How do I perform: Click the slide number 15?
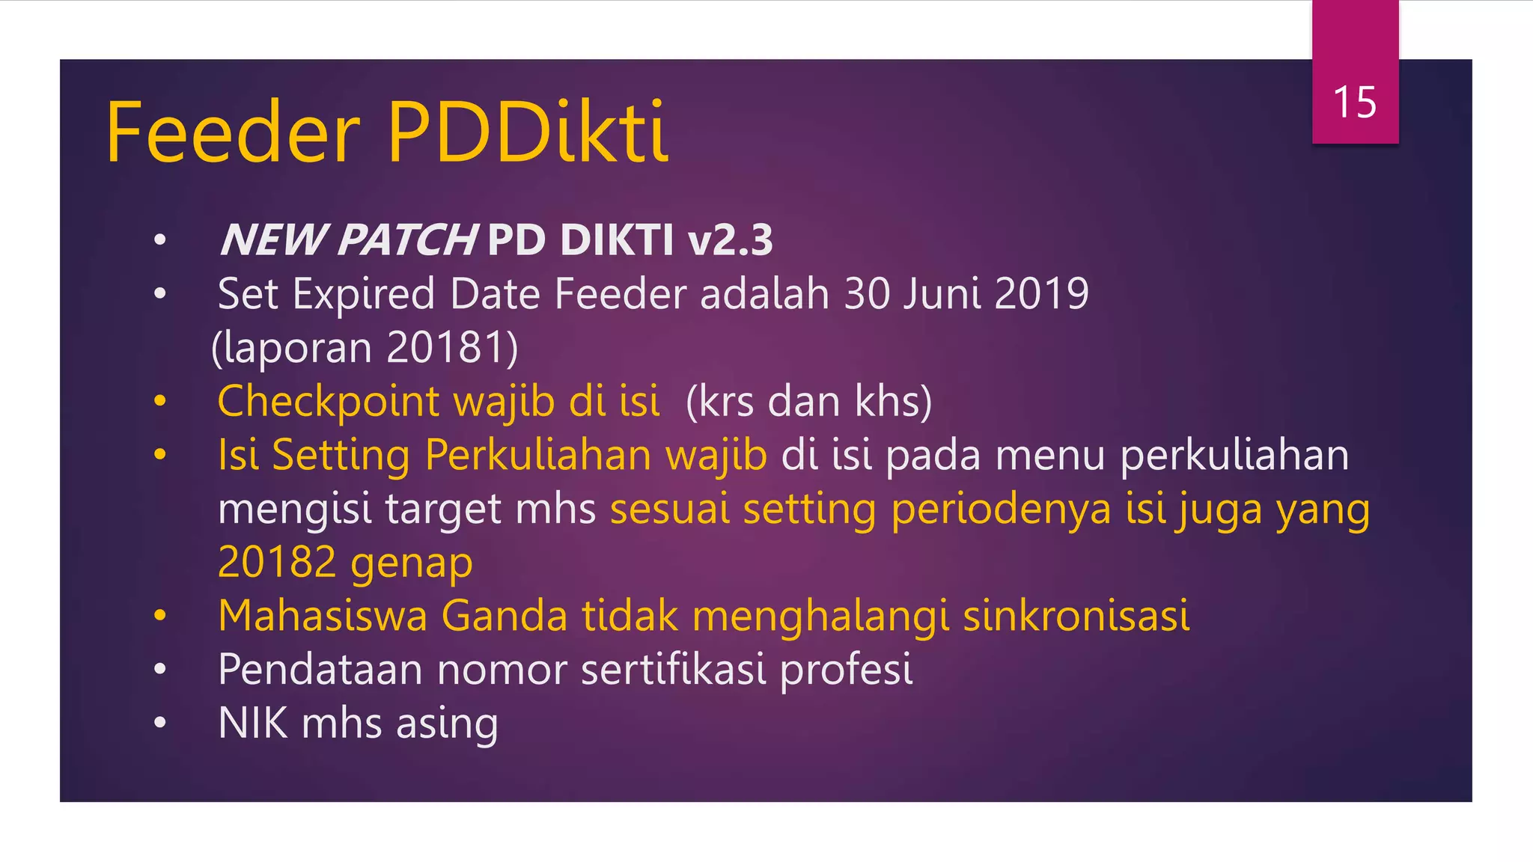click(x=1355, y=103)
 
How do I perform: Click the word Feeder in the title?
click(x=233, y=133)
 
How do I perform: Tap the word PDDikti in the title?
click(x=528, y=133)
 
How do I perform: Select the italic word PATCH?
click(x=406, y=240)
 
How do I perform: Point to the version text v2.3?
click(x=730, y=240)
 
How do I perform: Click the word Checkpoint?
click(x=328, y=402)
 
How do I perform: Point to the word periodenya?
click(x=1001, y=510)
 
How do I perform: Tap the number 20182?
click(x=276, y=562)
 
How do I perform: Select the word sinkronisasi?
click(x=1076, y=616)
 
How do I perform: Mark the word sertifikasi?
click(x=673, y=669)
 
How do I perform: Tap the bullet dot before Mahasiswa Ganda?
click(x=159, y=616)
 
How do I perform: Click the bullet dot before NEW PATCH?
click(x=159, y=241)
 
